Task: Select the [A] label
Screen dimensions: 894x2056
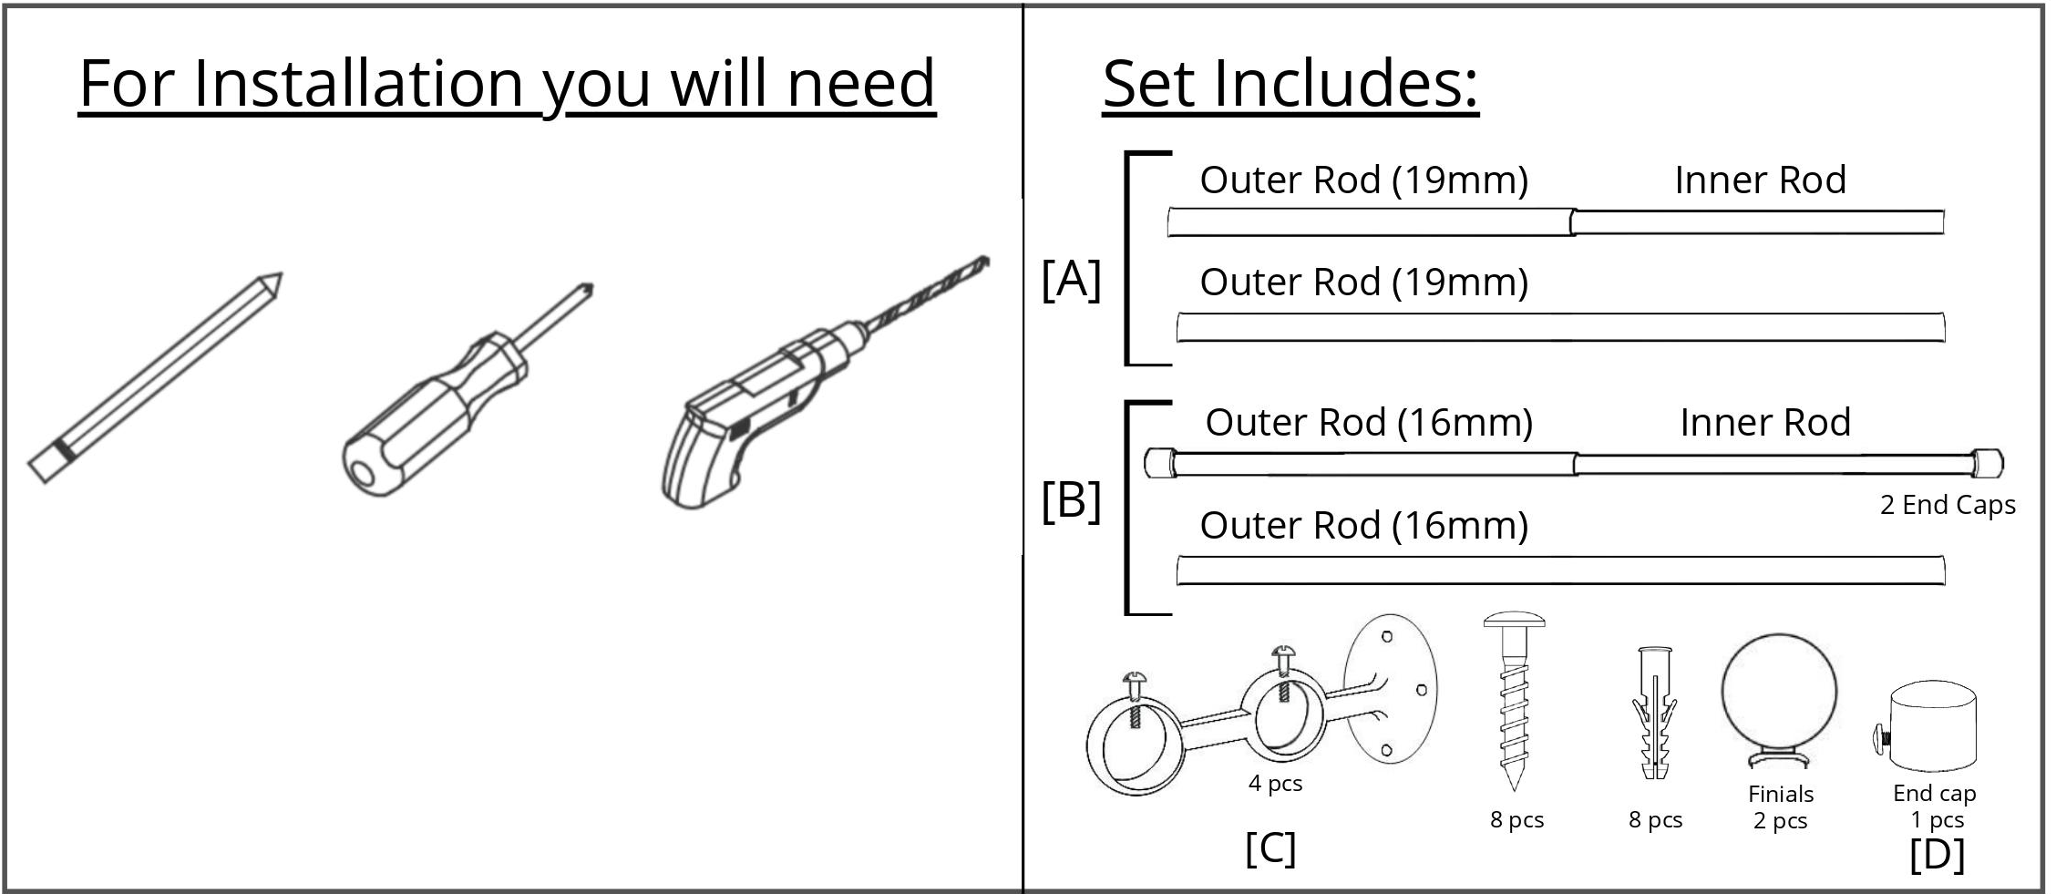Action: [x=1071, y=279]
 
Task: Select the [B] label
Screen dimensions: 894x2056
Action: [x=1071, y=501]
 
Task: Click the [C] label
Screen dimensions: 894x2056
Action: [x=1270, y=849]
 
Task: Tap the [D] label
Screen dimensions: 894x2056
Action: [x=1937, y=855]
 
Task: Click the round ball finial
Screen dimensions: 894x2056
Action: [x=1778, y=694]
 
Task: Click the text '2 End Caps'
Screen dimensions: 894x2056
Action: [x=1947, y=505]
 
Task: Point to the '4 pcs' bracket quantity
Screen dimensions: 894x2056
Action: [x=1275, y=784]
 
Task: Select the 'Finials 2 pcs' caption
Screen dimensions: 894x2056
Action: [x=1780, y=807]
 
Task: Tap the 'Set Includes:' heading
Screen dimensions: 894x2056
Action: [x=1290, y=84]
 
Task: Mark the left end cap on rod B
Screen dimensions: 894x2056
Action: [x=1160, y=463]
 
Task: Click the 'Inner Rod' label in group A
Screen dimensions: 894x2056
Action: [x=1760, y=180]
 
